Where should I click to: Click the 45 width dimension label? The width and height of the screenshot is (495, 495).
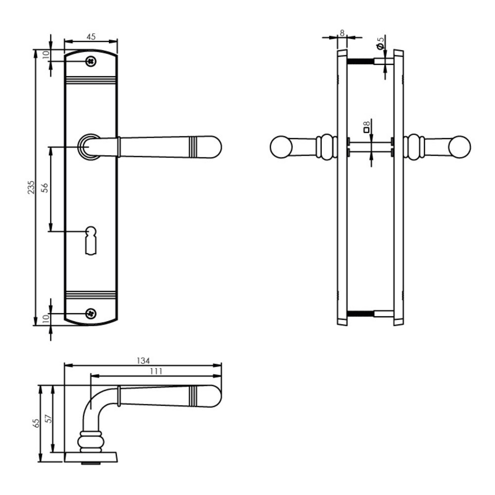tap(91, 36)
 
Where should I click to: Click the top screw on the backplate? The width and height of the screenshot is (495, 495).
tap(90, 61)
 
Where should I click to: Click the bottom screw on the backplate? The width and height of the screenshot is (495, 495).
tap(90, 313)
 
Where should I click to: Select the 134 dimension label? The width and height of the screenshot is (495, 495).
tap(143, 360)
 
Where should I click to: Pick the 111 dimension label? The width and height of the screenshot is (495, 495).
tap(155, 371)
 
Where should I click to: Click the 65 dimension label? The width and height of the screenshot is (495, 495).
tap(35, 423)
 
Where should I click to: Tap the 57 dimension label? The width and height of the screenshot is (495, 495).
tap(48, 419)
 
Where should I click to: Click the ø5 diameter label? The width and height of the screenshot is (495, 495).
tap(380, 43)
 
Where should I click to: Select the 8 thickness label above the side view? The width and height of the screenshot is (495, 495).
tap(342, 33)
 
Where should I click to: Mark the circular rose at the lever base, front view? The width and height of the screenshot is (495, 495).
tap(89, 147)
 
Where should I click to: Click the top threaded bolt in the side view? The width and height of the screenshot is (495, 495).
tap(360, 61)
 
